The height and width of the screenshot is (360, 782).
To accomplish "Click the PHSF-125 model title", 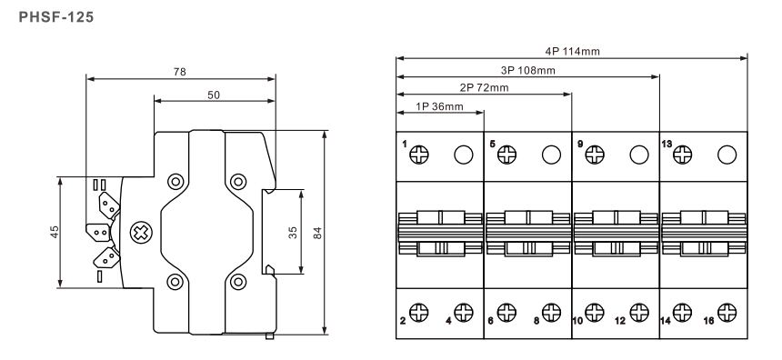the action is pos(55,17).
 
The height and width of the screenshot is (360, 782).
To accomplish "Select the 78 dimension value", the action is pos(179,72).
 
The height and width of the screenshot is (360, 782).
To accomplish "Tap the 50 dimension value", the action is pos(214,95).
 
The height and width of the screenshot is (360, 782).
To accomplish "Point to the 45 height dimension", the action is pos(55,232).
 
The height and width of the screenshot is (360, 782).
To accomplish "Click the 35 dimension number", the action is pos(293,233).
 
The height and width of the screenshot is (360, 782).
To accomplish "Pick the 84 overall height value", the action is pos(317,233).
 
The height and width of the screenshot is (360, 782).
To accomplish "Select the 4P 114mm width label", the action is pos(572,51).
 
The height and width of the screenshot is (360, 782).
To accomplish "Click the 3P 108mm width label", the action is pos(527,70).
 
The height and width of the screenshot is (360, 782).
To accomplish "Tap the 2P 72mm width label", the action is pos(485,88).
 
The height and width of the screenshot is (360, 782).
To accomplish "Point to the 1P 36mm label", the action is pos(439,106).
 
